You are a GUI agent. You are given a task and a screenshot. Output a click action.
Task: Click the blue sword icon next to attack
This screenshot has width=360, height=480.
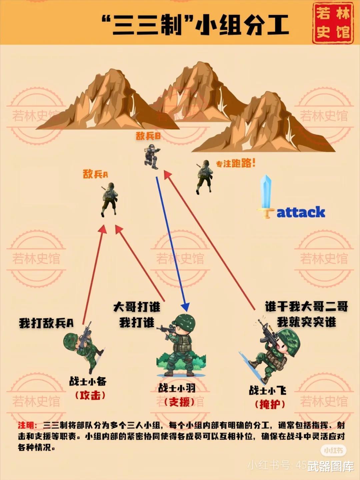coord(266,197)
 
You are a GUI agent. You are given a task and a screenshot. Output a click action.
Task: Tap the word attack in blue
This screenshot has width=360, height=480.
coord(301,212)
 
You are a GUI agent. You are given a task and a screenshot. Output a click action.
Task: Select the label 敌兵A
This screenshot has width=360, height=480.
coord(95,174)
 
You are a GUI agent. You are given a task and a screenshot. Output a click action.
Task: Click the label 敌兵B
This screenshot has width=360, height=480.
coord(148,136)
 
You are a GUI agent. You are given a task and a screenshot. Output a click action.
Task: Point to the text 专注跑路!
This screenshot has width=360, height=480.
coord(235,163)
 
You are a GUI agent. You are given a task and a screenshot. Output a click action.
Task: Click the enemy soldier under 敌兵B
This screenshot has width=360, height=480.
coord(152,156)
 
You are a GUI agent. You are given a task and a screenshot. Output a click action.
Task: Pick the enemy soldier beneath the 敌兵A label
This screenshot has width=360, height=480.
coord(109,199)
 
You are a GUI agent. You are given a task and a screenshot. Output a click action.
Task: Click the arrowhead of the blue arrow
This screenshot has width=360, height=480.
coord(185,307)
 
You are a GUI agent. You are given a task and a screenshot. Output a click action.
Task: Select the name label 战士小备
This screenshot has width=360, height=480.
coord(88,381)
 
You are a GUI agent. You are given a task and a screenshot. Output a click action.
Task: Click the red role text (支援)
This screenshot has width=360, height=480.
coord(179,402)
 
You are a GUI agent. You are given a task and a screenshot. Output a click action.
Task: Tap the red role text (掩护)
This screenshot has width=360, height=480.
coord(270,404)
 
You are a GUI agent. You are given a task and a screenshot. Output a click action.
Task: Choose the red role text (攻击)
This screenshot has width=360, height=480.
coord(90,396)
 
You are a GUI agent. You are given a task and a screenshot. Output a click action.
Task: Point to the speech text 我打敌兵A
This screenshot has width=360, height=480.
coord(46,323)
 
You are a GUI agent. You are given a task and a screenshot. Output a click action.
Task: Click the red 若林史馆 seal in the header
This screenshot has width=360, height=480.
coord(333,23)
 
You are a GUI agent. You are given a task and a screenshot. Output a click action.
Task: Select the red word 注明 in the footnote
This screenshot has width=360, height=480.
coord(27,425)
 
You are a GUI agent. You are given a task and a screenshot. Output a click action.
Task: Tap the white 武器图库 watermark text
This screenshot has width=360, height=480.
coord(331,466)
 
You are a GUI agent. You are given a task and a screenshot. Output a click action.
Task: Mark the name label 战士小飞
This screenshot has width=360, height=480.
coord(267,390)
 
